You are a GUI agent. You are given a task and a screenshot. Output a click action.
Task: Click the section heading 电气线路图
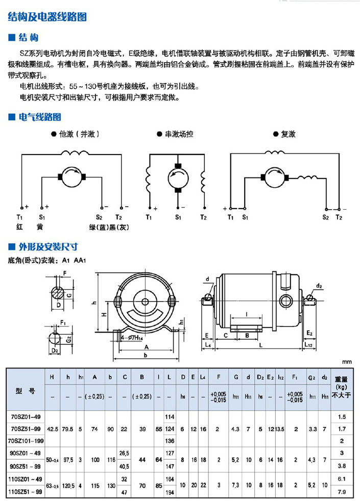(40, 117)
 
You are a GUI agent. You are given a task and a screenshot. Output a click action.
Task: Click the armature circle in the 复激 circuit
(273, 178)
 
